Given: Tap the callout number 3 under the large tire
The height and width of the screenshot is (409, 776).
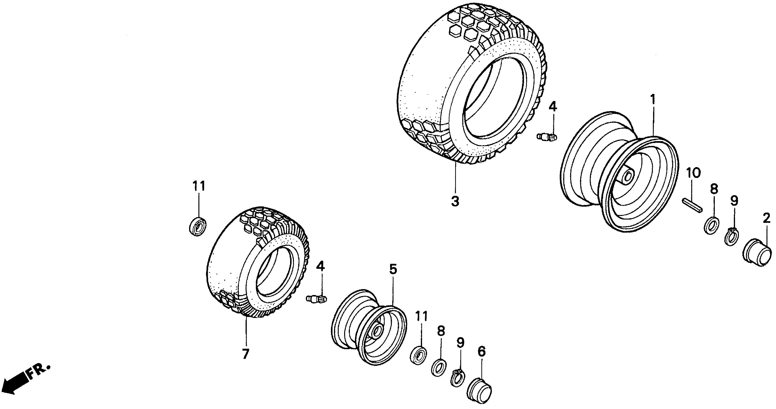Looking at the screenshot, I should pos(455,201).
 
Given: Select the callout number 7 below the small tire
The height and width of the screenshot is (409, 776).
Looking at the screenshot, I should pos(246,353).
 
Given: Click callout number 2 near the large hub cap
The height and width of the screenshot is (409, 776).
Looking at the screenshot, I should pos(766,218).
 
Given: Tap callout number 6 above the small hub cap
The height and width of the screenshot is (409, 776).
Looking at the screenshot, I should pos(481,351).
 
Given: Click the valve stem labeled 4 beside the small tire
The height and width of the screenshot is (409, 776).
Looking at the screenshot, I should pos(316,299).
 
